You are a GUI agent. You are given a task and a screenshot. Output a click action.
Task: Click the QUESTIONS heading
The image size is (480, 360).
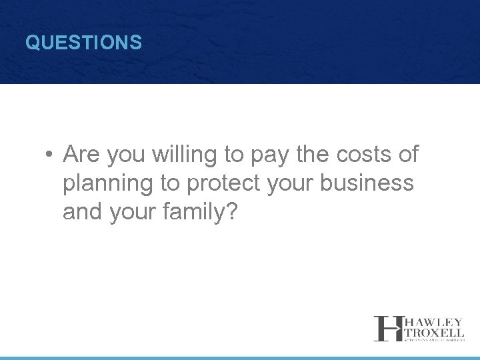coord(83,43)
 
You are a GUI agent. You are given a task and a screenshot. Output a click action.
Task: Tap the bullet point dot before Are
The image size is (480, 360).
coord(49,155)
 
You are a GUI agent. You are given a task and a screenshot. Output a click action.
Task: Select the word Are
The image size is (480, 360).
coord(81,155)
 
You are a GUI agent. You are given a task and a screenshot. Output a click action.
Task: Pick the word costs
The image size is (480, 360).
coord(361,155)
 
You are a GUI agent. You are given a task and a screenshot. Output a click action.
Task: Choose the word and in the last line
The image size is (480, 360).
coord(82,212)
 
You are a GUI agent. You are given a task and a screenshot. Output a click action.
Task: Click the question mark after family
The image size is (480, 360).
coord(232,212)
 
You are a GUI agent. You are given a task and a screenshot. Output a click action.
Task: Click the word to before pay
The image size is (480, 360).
coord(234,155)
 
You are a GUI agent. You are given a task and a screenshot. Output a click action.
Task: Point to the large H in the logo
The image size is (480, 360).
coord(386,328)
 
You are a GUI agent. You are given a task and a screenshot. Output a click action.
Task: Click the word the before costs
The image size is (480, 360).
coord(311,155)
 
